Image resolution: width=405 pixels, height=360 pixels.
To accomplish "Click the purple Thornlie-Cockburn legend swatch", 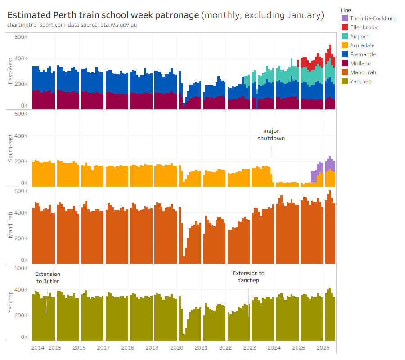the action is [345, 18].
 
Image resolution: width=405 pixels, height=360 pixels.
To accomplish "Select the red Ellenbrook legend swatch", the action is [345, 27].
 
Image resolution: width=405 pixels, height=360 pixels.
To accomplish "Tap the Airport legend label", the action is [359, 36].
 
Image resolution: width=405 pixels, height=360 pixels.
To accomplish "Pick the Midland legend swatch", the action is [345, 63].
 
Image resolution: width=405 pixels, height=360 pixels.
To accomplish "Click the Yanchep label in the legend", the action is [360, 81].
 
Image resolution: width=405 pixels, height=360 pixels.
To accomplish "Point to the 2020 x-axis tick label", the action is [177, 347].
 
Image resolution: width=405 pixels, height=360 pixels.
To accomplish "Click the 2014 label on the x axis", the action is [38, 347].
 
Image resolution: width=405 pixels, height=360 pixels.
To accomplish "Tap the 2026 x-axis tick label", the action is [323, 347].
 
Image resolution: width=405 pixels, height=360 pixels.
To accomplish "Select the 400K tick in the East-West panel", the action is [21, 58].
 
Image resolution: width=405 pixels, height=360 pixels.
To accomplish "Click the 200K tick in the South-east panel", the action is [21, 162].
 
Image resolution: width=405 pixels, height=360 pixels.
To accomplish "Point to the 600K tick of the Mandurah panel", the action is [21, 191].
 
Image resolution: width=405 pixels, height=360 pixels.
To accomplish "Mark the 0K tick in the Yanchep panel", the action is [24, 337].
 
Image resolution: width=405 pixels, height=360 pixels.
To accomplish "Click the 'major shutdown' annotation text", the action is [271, 135].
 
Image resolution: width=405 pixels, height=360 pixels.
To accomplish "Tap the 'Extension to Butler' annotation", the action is [48, 278].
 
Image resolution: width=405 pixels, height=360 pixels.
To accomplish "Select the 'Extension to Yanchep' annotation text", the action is [248, 277].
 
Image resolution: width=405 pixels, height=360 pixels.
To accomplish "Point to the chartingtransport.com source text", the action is [36, 25].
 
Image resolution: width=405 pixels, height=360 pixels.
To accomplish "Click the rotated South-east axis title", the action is [10, 148].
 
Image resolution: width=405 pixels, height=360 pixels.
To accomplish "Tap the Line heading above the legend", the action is [346, 10].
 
